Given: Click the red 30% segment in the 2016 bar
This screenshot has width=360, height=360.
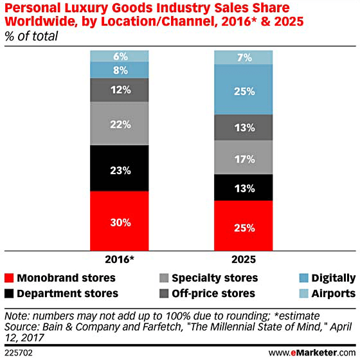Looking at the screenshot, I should point(120,222).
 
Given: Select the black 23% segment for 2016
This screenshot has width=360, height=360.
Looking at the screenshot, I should point(120,170).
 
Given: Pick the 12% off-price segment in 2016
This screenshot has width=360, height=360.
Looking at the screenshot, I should point(120,89).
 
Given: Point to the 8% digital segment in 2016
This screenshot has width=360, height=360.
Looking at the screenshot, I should point(120,69).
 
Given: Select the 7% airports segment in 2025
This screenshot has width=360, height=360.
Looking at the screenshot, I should point(244,57).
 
